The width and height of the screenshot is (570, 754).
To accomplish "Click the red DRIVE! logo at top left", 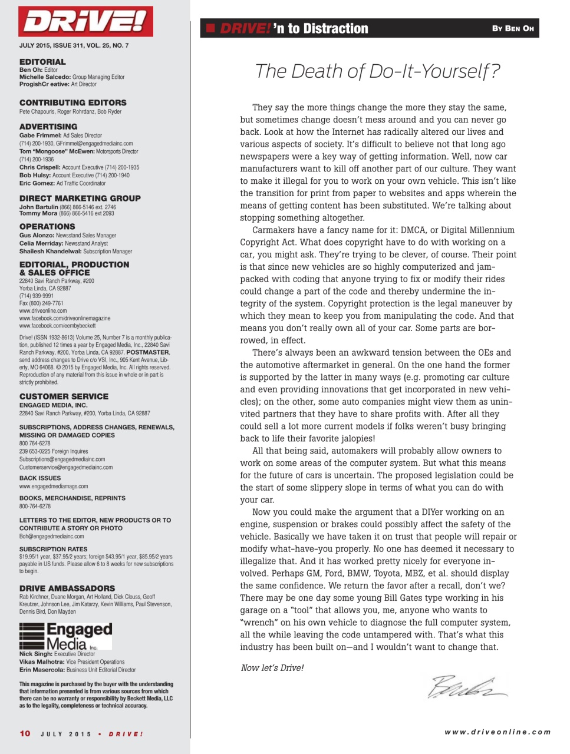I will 85,22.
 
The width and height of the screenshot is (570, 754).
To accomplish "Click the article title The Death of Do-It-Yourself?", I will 377,71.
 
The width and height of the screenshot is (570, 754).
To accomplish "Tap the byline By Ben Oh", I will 513,28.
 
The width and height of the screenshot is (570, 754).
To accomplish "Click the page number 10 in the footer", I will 25,733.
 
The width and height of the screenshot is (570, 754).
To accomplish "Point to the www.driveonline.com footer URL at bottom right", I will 497,732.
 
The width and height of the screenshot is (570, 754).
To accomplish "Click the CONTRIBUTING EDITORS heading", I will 73,102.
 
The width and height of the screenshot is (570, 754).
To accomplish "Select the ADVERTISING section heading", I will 48,127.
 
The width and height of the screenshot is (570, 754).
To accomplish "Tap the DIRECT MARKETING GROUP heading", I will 80,199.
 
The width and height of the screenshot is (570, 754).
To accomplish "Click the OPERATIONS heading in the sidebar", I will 47,227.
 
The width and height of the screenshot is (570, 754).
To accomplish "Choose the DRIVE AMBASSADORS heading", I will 67,588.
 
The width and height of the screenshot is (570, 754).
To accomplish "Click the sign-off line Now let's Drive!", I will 272,668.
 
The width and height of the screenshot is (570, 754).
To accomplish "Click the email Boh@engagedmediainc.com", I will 51,537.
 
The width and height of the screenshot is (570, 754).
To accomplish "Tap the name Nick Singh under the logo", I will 36,654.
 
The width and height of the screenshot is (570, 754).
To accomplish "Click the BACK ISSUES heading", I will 40,478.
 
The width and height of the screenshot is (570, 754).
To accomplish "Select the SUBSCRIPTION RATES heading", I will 53,549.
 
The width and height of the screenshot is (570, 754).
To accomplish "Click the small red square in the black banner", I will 210,28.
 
